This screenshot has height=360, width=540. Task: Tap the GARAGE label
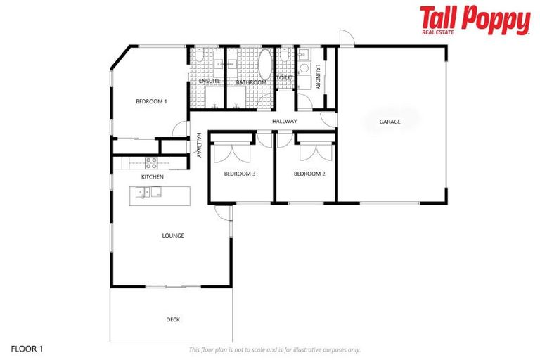(390, 122)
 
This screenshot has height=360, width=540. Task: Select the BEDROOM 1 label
(151, 102)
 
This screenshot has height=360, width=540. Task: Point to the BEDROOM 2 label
(309, 174)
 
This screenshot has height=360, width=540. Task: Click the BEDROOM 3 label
(239, 174)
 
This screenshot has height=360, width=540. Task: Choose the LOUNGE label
(173, 236)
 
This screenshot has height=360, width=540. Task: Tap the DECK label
(173, 319)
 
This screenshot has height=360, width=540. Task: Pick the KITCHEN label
(153, 177)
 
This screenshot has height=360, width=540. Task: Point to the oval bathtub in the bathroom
(266, 64)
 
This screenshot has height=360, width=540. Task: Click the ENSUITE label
(210, 82)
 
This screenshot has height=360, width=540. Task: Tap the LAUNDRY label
(318, 77)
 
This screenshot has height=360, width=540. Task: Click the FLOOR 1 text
(27, 348)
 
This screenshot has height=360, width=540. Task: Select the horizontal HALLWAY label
(285, 122)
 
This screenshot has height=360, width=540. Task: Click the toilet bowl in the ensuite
(199, 56)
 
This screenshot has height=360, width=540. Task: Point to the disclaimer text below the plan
(274, 349)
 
